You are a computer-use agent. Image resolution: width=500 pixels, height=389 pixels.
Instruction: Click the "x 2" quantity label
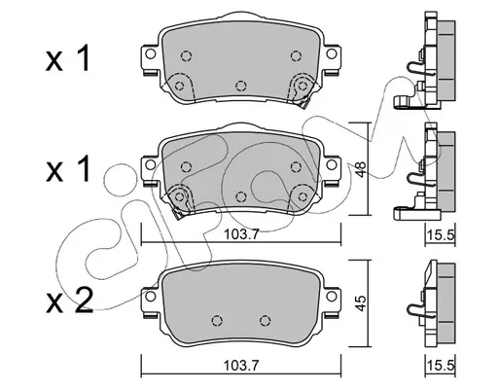pyautogui.click(x=70, y=301)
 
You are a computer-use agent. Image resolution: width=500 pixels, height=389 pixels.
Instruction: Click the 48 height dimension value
pyautogui.click(x=361, y=169)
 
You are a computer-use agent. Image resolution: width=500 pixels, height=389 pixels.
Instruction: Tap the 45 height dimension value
pyautogui.click(x=361, y=303)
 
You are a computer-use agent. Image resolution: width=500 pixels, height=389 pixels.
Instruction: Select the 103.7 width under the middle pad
pyautogui.click(x=240, y=234)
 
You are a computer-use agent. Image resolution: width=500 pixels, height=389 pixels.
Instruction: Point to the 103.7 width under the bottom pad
pyautogui.click(x=240, y=366)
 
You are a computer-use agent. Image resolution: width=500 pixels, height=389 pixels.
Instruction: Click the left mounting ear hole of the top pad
pyautogui.click(x=150, y=53)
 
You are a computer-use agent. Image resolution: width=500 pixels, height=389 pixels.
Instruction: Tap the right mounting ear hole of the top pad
pyautogui.click(x=331, y=53)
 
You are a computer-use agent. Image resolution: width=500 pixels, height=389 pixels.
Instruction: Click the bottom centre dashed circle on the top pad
pyautogui.click(x=240, y=86)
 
